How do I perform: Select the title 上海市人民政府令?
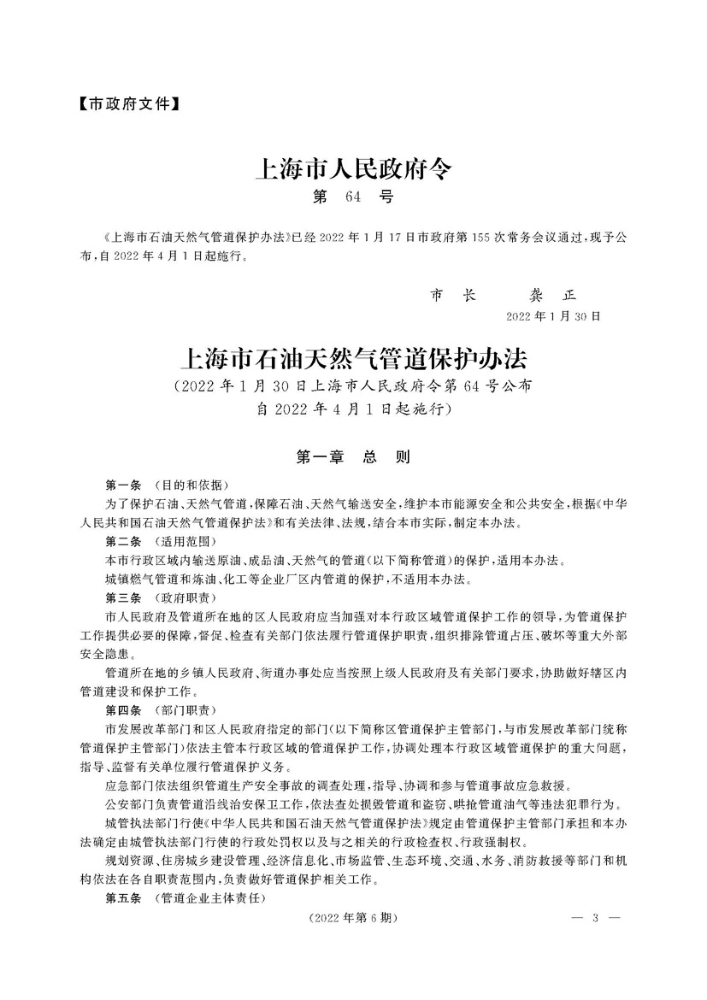coord(353,168)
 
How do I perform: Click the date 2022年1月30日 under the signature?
coord(554,316)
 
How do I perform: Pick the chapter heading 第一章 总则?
coord(353,457)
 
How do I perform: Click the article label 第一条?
coord(122,484)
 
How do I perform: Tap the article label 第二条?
coord(122,542)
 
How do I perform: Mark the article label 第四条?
coord(122,710)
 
